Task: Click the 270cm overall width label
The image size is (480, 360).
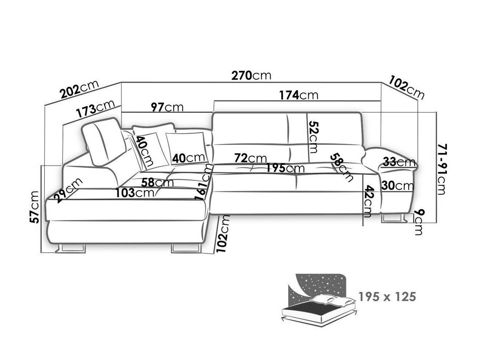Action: [x=251, y=75]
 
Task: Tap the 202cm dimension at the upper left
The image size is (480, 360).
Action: [x=79, y=91]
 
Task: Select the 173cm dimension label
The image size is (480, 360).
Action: [x=96, y=109]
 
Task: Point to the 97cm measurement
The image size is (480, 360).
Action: [x=167, y=107]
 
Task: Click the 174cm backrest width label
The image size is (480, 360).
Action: [x=299, y=95]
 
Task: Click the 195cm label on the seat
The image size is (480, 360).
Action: [x=285, y=168]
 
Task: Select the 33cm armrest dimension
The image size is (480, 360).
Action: [x=399, y=162]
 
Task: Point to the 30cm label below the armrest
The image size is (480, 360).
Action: [x=397, y=186]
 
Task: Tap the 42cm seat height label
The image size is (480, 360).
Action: [x=368, y=201]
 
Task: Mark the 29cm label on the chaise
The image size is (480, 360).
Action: [x=68, y=190]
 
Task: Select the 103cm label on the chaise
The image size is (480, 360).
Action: [x=135, y=192]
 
